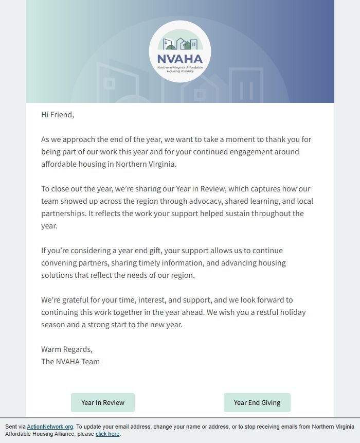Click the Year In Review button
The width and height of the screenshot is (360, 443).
click(103, 402)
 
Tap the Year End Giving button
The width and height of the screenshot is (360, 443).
click(257, 402)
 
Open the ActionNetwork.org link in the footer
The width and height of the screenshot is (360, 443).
click(50, 427)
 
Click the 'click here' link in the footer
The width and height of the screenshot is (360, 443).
click(107, 434)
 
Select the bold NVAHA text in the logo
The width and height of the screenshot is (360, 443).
click(179, 58)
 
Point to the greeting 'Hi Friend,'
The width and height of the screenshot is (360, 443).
click(58, 115)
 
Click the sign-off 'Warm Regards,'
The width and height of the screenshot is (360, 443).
click(67, 349)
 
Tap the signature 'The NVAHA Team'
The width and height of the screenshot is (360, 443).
click(70, 361)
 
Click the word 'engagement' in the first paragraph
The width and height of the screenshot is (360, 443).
click(253, 152)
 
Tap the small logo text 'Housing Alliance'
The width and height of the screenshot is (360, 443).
click(180, 72)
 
